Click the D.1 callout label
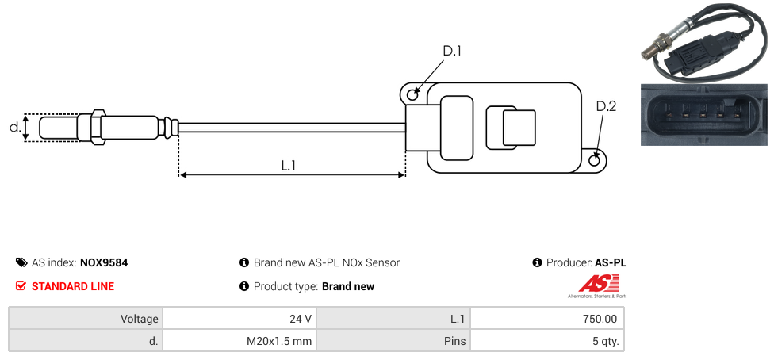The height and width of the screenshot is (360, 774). (451, 51)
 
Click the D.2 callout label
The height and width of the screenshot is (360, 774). (606, 106)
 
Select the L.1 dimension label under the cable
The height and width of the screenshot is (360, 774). (289, 166)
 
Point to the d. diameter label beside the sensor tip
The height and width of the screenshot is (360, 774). (14, 127)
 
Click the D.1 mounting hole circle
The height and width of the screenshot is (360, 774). (412, 95)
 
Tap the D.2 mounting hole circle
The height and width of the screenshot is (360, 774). (596, 161)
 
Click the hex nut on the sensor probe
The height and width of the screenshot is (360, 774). (98, 127)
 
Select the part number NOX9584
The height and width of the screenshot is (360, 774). (104, 262)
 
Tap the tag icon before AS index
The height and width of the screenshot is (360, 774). (21, 262)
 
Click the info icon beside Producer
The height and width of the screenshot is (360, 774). (537, 262)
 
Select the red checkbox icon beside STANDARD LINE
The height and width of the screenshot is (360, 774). (21, 286)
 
